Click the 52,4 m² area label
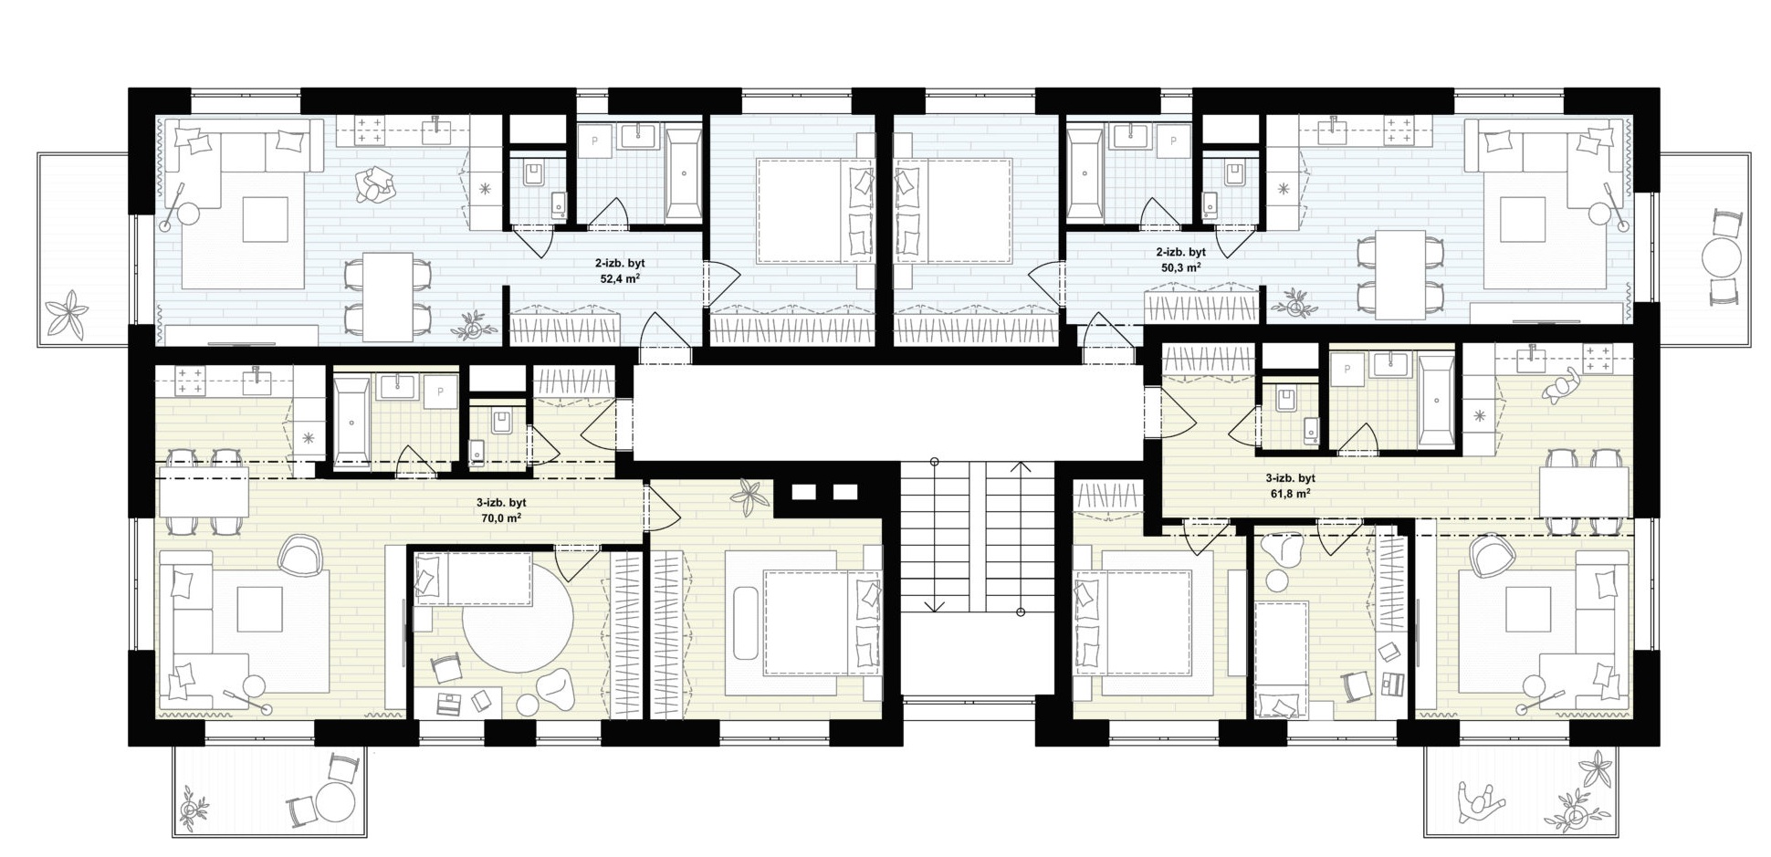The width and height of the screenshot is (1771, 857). coord(620,278)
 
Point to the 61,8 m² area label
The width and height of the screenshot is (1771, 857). coord(1290,493)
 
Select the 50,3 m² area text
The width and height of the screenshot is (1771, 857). coord(1180,267)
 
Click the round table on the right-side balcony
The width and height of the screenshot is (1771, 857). coord(1724,257)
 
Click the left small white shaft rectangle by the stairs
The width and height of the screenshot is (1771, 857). coord(802,492)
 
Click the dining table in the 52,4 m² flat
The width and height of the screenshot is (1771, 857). coord(388,297)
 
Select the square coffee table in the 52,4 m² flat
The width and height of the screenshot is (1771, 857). coord(266,219)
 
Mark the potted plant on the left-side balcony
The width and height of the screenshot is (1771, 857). coord(67,313)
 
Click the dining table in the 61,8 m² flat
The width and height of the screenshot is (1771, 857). coord(1584,491)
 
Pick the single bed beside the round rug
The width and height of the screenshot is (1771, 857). coord(473,580)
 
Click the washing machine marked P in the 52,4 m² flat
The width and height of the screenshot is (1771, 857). coord(595,141)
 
